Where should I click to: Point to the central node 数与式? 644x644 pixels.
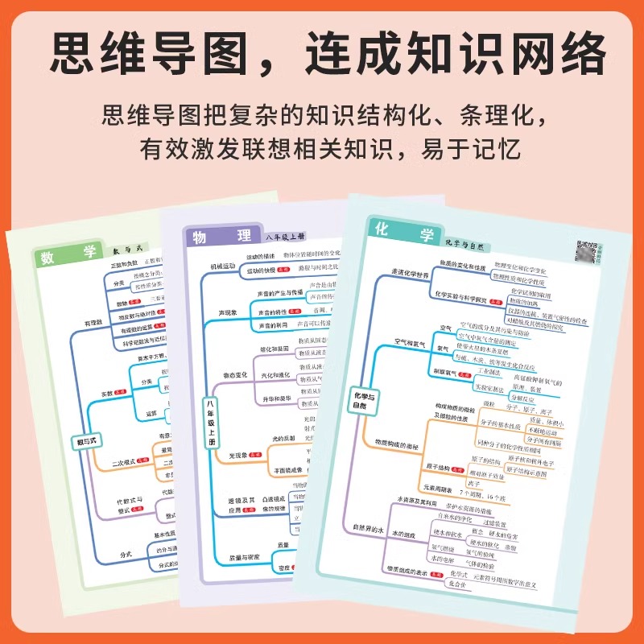pos(85,442)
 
